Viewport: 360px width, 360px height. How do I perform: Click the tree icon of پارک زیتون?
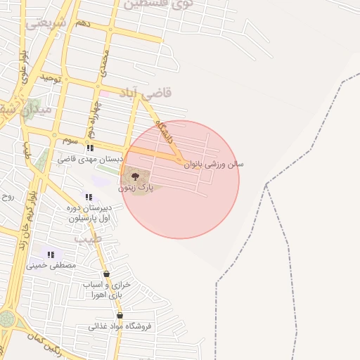click(x=136, y=176)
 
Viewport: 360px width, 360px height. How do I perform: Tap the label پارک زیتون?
click(x=136, y=188)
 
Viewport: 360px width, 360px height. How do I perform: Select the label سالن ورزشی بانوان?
click(x=214, y=164)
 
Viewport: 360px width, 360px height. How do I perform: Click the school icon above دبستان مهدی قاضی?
click(x=89, y=148)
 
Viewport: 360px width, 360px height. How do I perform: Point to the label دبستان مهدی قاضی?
click(x=90, y=160)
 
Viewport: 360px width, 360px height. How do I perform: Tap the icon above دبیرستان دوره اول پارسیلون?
click(x=89, y=197)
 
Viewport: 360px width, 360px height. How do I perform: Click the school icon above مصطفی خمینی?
click(x=50, y=255)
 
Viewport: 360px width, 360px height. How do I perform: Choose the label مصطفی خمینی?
click(x=51, y=266)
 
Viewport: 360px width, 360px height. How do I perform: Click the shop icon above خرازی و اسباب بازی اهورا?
click(x=106, y=274)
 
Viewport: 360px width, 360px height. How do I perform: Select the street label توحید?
click(x=51, y=77)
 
